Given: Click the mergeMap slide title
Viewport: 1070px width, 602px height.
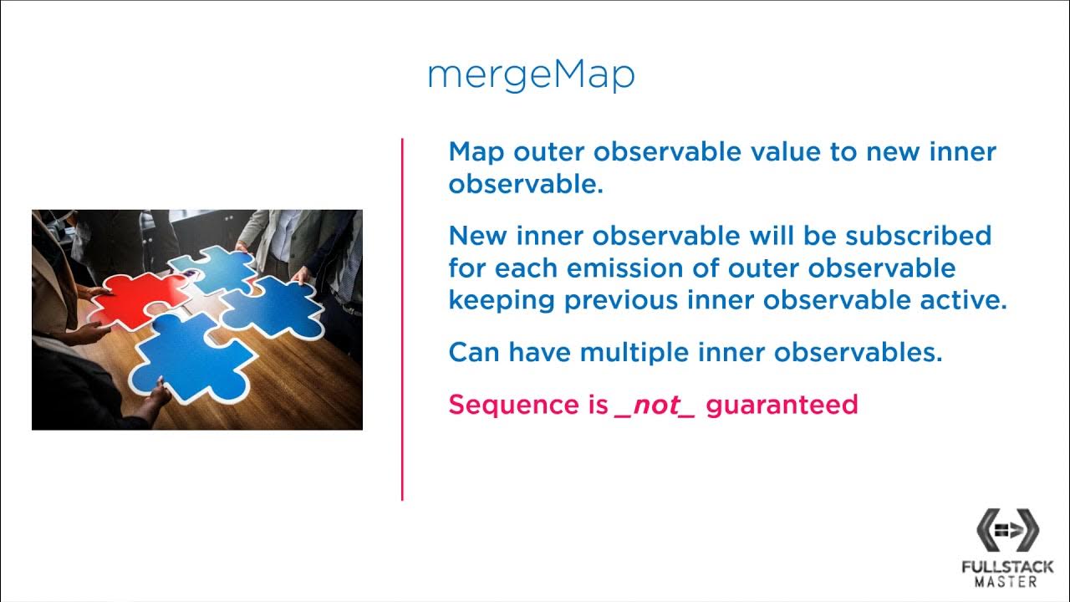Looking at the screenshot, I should coord(531,76).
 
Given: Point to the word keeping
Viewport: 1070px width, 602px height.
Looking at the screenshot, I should coord(502,301).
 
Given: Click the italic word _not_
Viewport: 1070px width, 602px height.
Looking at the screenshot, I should coord(655,405).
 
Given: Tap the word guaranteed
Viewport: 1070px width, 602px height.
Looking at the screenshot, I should coord(782,405).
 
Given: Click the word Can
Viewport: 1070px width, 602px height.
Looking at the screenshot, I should coord(473,352).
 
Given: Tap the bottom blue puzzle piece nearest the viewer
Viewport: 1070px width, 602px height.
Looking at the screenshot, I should coord(188,355).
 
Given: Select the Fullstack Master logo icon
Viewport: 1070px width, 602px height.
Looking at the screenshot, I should coord(1007,529).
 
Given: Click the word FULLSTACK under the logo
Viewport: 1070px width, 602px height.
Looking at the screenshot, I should coord(1007,567).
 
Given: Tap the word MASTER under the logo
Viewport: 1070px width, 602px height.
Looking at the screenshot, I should coord(1007,582).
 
